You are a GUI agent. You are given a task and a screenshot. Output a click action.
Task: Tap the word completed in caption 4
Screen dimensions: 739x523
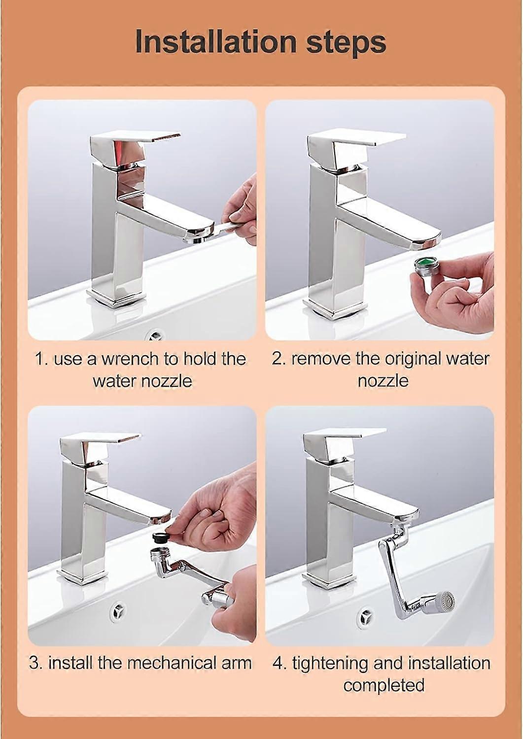384,685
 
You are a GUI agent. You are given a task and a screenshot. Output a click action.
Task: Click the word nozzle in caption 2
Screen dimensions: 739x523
383,381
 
